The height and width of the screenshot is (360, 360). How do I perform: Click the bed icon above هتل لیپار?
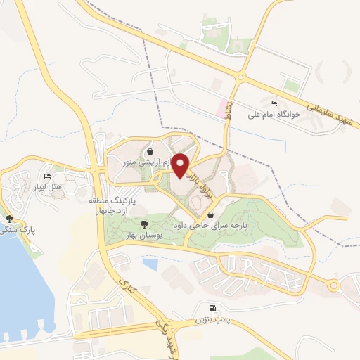47,176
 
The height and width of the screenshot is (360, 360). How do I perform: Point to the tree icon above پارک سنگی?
9,219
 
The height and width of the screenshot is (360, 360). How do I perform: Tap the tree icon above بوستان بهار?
144,224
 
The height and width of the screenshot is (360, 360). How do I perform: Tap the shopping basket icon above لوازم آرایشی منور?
150,151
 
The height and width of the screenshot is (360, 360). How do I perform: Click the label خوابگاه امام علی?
273,114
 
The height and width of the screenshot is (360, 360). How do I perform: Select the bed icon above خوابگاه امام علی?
274,104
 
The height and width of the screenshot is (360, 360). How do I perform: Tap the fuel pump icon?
212,309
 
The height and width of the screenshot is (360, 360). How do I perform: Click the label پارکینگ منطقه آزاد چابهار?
116,206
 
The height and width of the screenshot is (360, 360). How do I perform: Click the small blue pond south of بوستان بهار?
150,264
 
